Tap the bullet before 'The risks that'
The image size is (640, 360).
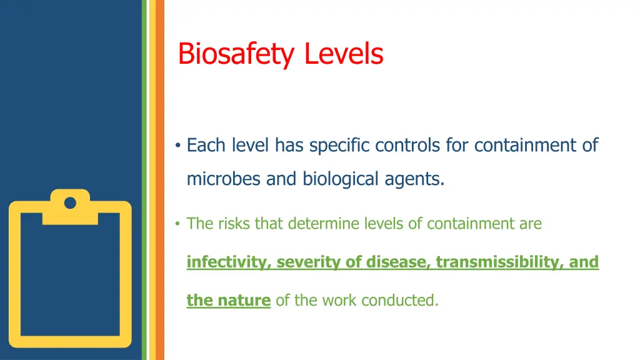coord(178,224)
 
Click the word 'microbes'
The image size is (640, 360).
coord(224,179)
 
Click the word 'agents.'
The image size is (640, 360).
coord(417,179)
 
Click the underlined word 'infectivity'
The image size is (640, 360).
coord(227,262)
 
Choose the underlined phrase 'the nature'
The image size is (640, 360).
coord(228,301)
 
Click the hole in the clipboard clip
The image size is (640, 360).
coord(70,203)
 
